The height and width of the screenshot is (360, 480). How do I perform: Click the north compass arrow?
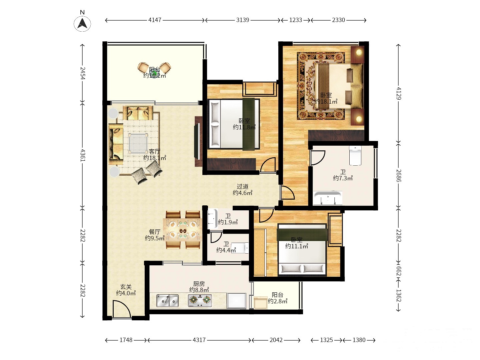click(82, 23)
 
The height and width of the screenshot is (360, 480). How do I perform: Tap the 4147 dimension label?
click(155, 20)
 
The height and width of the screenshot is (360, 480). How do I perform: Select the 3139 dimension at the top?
click(243, 20)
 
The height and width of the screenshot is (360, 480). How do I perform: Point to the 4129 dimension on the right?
click(399, 93)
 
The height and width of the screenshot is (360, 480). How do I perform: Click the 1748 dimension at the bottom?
click(126, 340)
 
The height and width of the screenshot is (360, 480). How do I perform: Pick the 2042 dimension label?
click(276, 340)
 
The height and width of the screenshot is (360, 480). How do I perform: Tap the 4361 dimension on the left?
click(82, 155)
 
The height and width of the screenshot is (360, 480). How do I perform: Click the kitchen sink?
click(167, 300)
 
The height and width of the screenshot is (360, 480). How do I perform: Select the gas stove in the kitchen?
click(200, 300)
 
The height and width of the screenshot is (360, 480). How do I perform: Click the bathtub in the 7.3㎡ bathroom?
click(328, 198)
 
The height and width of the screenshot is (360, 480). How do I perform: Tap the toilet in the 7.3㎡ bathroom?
click(355, 155)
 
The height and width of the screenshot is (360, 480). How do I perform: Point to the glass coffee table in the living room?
click(138, 143)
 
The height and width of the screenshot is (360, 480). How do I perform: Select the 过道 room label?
click(243, 186)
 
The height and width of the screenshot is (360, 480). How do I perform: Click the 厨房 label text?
click(199, 284)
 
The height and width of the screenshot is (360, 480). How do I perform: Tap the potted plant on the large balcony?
click(155, 71)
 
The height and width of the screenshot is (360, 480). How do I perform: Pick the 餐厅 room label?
click(155, 232)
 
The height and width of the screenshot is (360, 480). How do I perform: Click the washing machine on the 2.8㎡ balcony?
click(261, 303)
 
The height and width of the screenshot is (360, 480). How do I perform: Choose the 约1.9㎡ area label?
click(228, 222)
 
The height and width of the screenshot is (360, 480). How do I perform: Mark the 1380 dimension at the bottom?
click(359, 340)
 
